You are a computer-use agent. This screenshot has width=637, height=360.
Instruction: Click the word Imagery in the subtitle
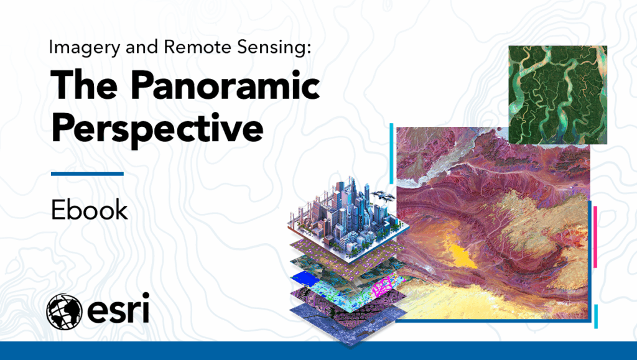coord(85,48)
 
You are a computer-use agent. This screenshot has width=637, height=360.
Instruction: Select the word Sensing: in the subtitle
coord(274,48)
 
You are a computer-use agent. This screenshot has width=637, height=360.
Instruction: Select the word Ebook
coord(90,210)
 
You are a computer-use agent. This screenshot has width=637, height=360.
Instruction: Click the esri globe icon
coord(64,312)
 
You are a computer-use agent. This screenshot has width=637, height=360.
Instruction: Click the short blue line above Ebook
coord(87,173)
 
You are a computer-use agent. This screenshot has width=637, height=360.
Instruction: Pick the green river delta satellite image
coord(558,95)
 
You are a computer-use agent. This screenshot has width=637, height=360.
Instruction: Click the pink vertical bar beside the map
coord(595,237)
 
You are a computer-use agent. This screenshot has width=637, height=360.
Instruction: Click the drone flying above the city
coord(383,196)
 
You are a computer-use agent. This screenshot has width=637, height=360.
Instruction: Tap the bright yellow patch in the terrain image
coord(462,256)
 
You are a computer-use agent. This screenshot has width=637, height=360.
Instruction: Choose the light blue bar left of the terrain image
coord(392,154)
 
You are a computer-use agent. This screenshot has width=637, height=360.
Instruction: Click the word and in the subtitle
coord(142,47)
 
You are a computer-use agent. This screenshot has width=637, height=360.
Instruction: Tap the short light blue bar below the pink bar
coord(596,316)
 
